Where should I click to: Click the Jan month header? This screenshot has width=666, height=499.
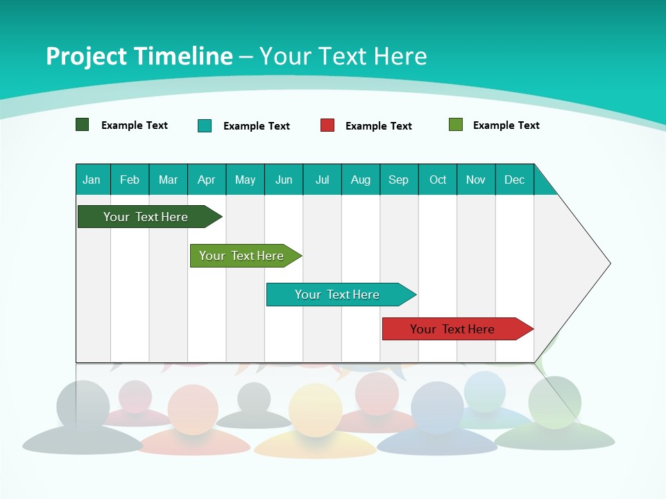click(92, 180)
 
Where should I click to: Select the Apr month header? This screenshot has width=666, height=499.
click(206, 180)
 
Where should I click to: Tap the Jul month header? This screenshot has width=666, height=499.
click(322, 180)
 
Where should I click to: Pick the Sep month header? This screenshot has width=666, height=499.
click(398, 180)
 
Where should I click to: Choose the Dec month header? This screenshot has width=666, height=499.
click(514, 180)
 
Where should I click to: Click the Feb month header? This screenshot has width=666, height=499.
click(130, 180)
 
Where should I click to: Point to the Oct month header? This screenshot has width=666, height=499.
click(438, 180)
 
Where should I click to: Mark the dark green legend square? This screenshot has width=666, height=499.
click(82, 125)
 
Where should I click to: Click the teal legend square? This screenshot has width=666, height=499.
click(205, 125)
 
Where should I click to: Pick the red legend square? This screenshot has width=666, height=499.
click(327, 125)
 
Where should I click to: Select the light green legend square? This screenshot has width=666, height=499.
click(455, 125)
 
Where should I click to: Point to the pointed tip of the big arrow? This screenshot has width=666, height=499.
click(609, 263)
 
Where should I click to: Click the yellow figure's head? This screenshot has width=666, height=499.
click(316, 410)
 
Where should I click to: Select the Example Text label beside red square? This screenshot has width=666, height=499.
click(379, 126)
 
